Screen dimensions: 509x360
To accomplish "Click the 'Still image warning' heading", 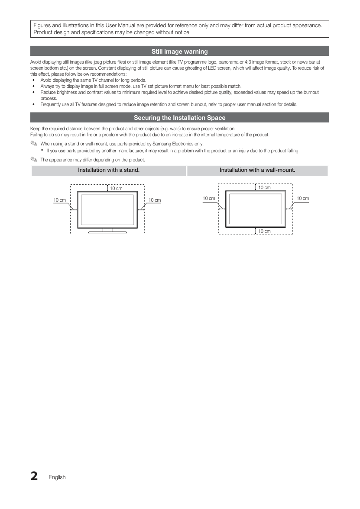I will coord(179,52).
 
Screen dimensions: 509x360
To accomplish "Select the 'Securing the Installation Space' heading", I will coord(179,118).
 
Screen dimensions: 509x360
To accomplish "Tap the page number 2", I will coord(34,476).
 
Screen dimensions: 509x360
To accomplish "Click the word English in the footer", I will coord(57,477).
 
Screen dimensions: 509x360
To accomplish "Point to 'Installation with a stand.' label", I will coord(108,170).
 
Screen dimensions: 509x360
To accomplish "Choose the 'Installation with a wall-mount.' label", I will coord(257,170).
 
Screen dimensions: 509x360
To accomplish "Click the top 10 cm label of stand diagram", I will coord(116,189).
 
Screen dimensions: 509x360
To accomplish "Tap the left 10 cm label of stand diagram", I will coord(59,200).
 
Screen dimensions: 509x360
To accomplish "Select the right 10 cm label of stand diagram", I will coord(155,200).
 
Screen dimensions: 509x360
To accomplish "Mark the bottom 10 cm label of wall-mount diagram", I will coord(264,231).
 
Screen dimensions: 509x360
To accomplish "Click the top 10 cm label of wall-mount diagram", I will coord(264,187).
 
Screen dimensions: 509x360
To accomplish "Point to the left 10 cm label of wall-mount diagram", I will coord(209,198).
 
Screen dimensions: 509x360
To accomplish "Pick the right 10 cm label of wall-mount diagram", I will coord(303,198).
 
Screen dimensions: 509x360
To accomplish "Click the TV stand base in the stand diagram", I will coord(107,232).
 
